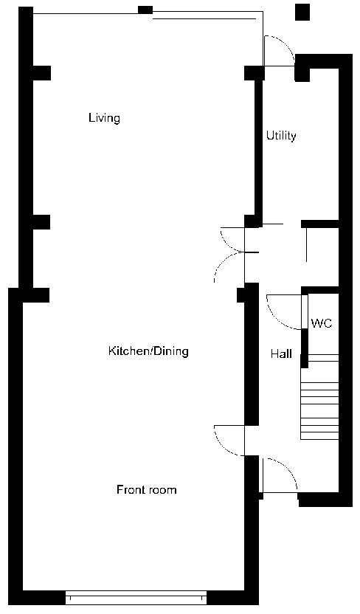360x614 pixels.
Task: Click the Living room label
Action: click(x=104, y=118)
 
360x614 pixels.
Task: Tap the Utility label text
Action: click(x=281, y=136)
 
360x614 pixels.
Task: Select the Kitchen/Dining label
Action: click(x=148, y=351)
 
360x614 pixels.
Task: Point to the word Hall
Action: click(x=281, y=354)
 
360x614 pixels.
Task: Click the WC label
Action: click(x=322, y=324)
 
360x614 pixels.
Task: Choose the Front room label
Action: click(x=147, y=490)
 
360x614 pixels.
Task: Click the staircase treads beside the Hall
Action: click(x=319, y=399)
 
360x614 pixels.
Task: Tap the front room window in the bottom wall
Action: click(x=136, y=596)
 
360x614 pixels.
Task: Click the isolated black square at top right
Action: click(x=302, y=12)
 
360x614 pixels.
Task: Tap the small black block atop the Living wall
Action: click(x=145, y=10)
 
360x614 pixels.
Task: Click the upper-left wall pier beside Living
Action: click(x=41, y=73)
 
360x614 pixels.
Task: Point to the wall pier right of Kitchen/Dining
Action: click(x=241, y=295)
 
